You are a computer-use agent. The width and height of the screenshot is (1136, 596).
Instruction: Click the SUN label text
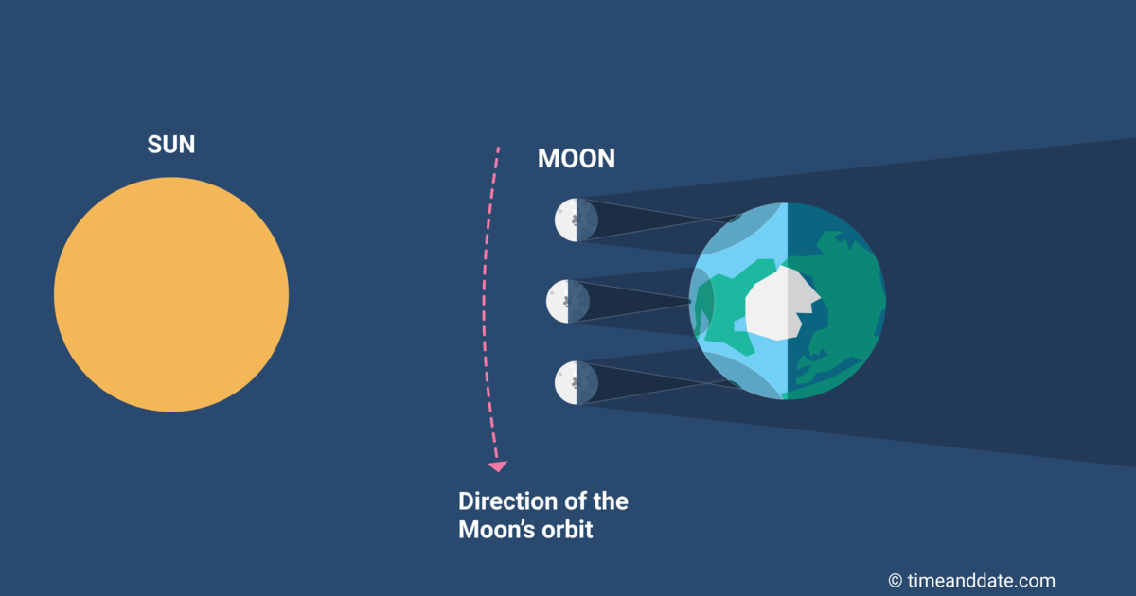pos(171,145)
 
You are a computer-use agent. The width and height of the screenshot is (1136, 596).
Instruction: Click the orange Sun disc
pos(171,294)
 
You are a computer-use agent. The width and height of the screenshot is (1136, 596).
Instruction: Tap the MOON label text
pos(576,159)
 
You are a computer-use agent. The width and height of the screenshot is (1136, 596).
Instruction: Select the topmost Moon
pos(576,219)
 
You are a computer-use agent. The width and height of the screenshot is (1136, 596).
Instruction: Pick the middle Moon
pos(568,301)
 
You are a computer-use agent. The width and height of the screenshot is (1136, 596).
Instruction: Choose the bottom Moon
pos(576,382)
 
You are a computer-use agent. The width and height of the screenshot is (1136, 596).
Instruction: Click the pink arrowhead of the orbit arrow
pos(496,465)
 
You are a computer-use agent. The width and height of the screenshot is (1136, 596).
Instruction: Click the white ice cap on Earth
pos(781,303)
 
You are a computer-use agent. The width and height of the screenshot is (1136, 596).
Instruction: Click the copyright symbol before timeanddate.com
pos(895,581)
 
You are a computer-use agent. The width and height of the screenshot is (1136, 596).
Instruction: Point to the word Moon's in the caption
pos(493,529)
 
